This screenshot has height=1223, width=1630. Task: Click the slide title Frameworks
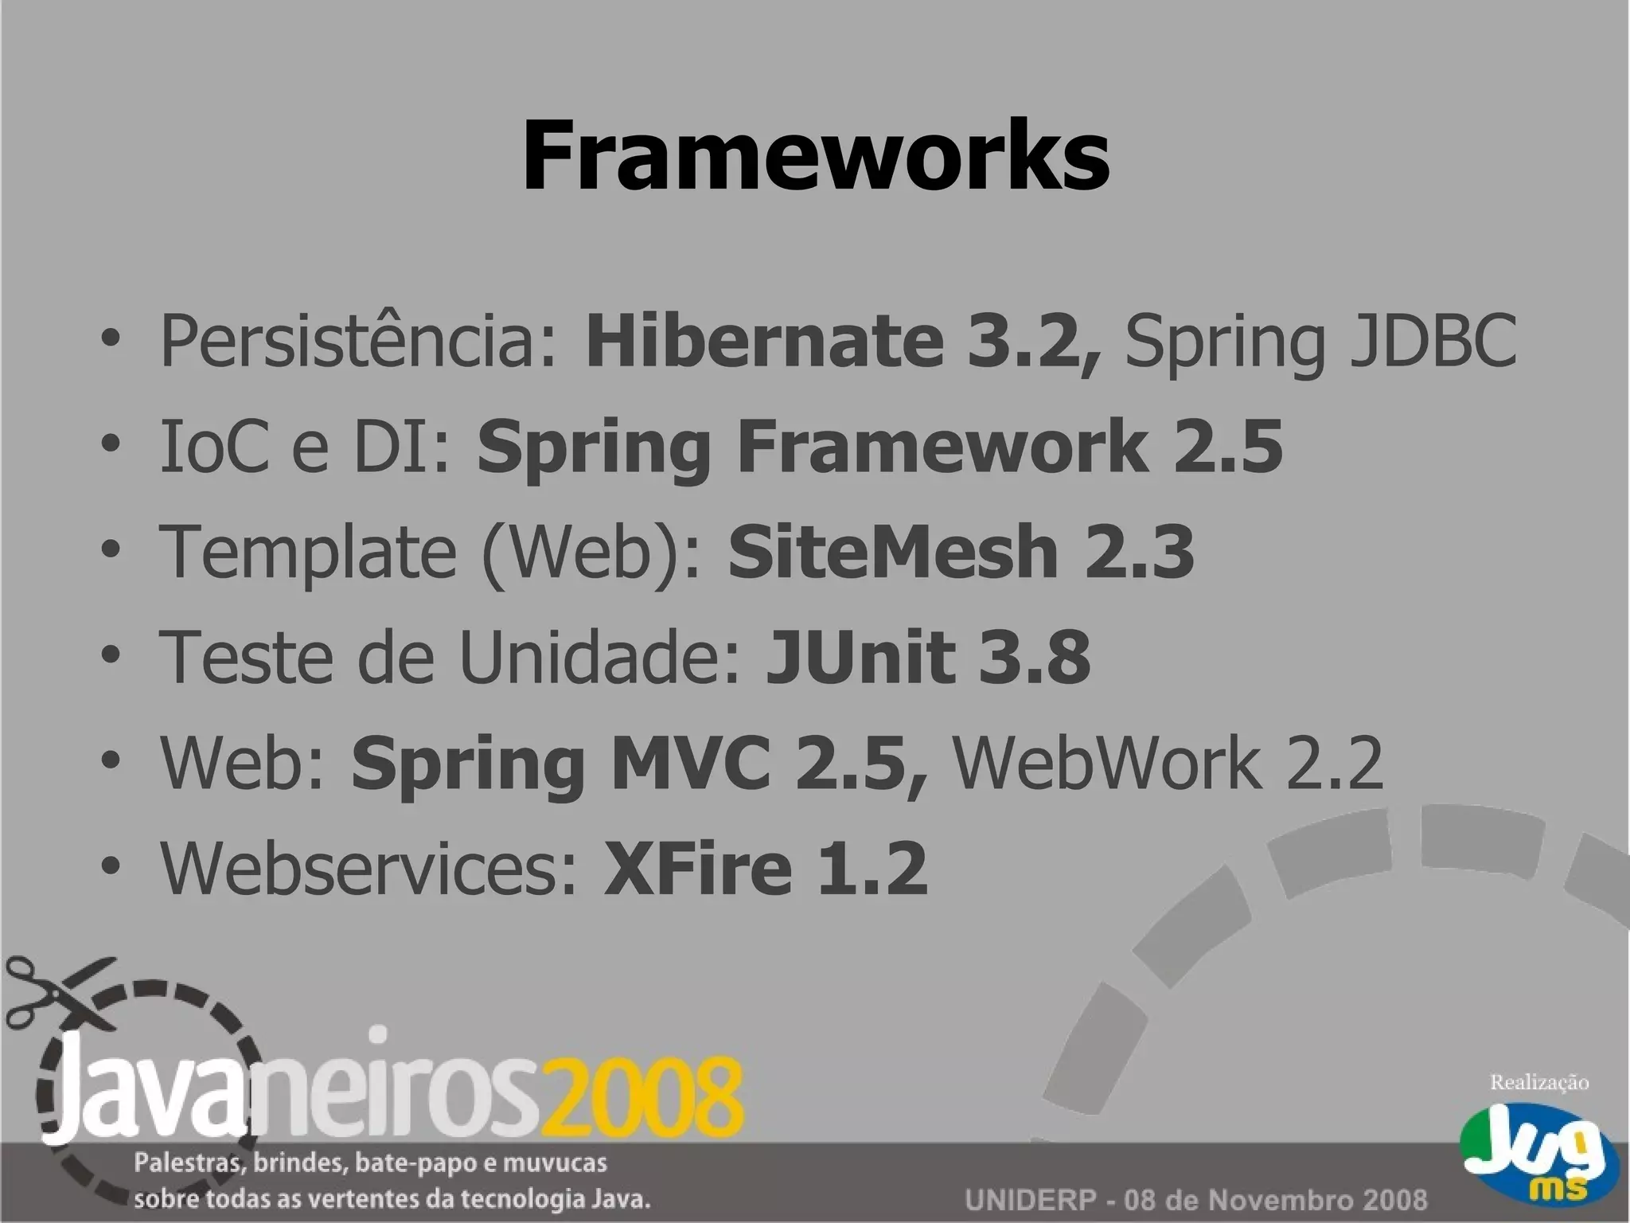(815, 154)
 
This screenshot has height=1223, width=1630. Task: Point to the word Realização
(1538, 1082)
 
